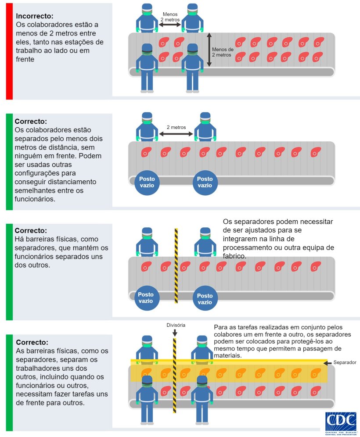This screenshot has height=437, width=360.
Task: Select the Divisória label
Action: coord(176,325)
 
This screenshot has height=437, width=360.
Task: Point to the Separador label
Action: coord(344,363)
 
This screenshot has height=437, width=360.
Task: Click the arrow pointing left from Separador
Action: coord(327,363)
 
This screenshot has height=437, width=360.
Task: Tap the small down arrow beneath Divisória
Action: coord(175,333)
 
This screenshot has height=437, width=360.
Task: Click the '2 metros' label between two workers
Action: coord(176,127)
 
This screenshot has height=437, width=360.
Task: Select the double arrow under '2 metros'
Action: coord(176,134)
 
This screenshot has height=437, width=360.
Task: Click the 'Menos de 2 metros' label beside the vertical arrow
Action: coord(223,52)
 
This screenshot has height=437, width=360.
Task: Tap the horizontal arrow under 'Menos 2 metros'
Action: coord(170,25)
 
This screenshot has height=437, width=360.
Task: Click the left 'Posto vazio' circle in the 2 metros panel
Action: coord(147,182)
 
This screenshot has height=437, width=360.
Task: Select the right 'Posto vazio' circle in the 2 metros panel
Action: coord(205,182)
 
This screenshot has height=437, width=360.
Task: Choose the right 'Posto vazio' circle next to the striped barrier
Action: coord(205,299)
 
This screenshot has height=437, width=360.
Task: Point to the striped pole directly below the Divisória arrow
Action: coord(175,377)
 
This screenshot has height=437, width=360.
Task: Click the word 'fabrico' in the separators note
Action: coord(234,256)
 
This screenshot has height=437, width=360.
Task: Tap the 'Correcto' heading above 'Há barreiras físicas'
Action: coord(31,230)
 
